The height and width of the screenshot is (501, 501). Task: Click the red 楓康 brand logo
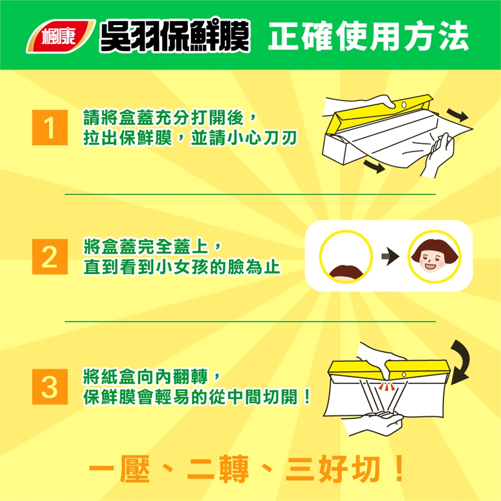(x=61, y=36)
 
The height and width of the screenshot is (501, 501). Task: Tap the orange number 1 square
(x=50, y=127)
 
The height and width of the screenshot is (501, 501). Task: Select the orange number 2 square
(x=50, y=257)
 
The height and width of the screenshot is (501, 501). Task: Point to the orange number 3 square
(x=50, y=387)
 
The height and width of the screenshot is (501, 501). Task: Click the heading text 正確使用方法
(x=368, y=36)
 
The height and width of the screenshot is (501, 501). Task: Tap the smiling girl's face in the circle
(x=434, y=257)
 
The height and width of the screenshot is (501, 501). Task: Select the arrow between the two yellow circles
(x=390, y=256)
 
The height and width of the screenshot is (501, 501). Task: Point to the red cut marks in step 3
(x=387, y=387)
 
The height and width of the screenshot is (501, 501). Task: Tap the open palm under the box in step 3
(x=377, y=422)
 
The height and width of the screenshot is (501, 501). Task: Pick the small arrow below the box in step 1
(x=374, y=166)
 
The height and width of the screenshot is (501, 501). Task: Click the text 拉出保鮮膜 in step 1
(x=127, y=138)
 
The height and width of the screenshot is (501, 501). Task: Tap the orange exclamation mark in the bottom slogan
(x=399, y=469)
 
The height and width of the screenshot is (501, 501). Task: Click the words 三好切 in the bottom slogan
(x=332, y=469)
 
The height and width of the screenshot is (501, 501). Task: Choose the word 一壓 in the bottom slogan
(x=119, y=469)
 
